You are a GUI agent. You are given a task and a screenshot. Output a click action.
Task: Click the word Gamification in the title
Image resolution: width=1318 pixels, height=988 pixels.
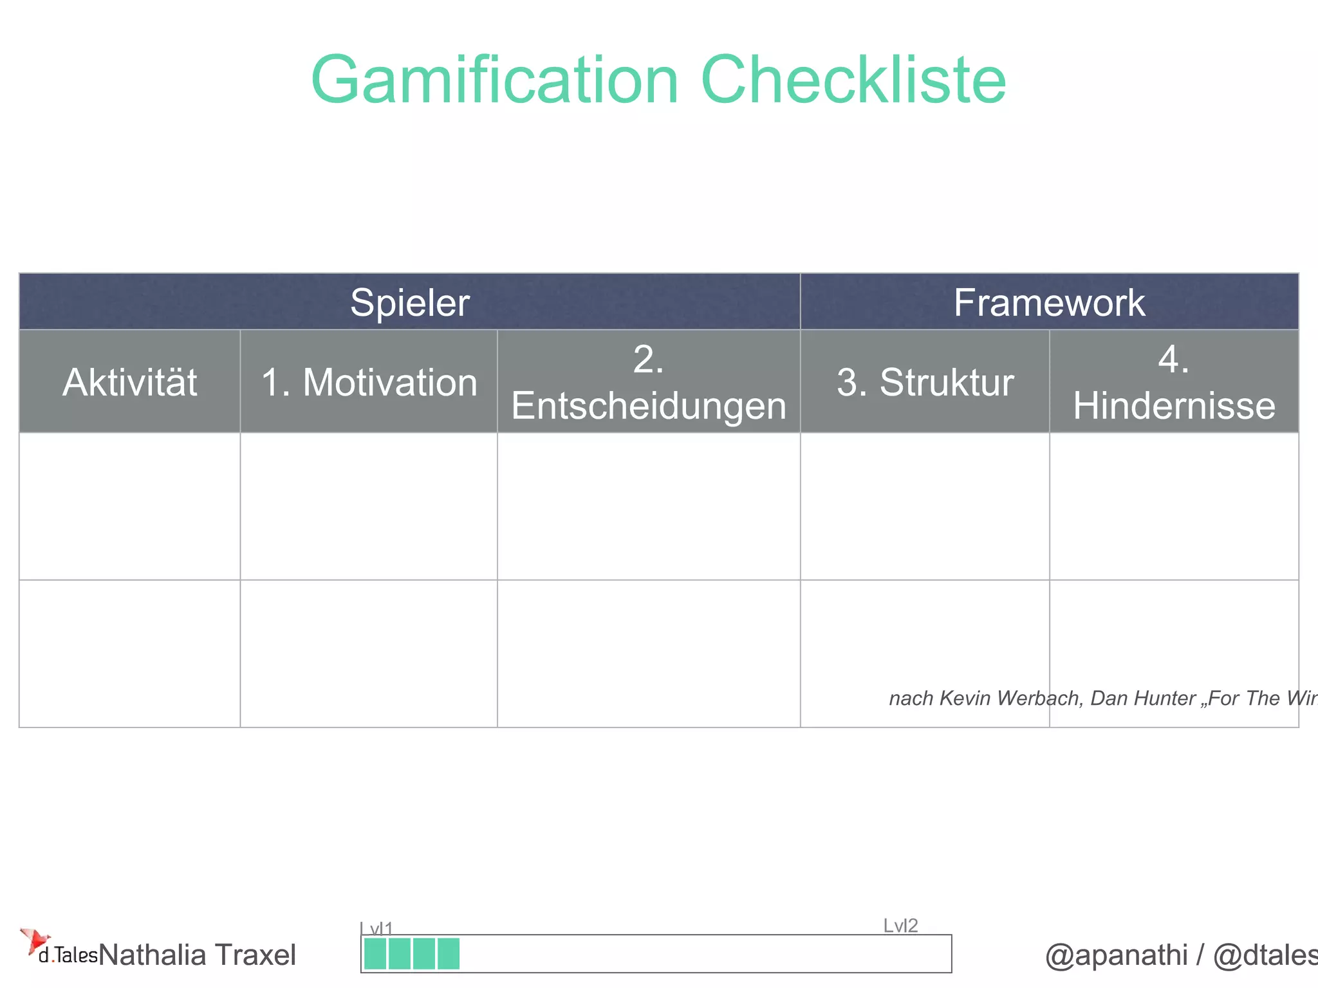(x=494, y=80)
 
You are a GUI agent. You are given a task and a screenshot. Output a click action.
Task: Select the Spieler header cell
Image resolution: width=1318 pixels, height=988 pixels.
(x=410, y=302)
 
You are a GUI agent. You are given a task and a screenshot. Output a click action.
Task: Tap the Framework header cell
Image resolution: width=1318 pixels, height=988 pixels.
(x=1049, y=302)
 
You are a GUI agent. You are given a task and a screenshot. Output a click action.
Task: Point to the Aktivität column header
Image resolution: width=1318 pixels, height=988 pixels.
(x=129, y=382)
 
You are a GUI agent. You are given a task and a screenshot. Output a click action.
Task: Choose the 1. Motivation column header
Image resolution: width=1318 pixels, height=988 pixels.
(x=369, y=382)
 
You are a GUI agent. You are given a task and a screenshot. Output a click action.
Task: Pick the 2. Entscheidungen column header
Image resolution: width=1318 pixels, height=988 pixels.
(x=649, y=382)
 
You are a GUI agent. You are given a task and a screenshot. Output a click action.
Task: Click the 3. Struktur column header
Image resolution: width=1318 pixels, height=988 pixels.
(x=925, y=382)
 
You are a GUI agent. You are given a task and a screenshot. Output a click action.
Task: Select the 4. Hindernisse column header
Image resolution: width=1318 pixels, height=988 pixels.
(x=1174, y=382)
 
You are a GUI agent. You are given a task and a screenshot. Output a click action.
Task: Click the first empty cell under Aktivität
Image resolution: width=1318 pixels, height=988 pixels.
(x=129, y=506)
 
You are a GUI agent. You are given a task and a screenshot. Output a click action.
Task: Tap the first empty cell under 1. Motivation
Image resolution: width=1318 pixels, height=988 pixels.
(x=369, y=506)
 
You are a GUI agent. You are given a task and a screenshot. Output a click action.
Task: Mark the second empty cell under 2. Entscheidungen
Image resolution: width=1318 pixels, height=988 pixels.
(x=649, y=654)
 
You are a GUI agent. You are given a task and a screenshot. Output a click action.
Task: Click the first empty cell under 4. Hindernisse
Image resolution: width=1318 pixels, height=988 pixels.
(x=1174, y=506)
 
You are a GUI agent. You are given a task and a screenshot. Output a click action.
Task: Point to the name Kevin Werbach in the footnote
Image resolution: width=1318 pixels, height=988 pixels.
(x=1010, y=699)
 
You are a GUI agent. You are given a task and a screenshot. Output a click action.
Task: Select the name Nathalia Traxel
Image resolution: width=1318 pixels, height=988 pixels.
(x=198, y=955)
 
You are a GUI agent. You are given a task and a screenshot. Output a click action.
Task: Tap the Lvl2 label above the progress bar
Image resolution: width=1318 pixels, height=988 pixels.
(x=900, y=926)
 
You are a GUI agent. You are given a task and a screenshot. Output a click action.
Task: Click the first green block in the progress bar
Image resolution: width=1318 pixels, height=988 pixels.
(x=375, y=954)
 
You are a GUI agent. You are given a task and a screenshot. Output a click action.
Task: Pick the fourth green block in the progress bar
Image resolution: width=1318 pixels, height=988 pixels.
(x=449, y=954)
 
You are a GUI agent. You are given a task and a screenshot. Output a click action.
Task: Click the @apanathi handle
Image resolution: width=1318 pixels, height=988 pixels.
(x=1116, y=955)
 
